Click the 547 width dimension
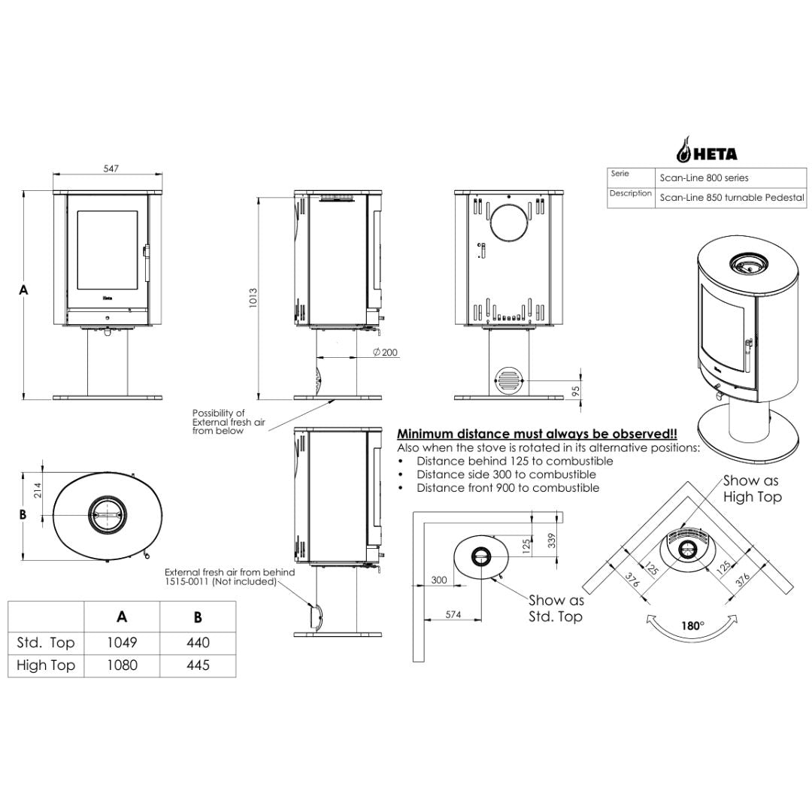(111, 168)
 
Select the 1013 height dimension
(253, 298)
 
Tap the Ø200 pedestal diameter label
(385, 352)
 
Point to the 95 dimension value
(576, 391)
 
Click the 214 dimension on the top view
(38, 490)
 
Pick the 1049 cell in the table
(123, 643)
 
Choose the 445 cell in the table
(198, 665)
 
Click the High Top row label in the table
(46, 665)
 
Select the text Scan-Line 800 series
(704, 177)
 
